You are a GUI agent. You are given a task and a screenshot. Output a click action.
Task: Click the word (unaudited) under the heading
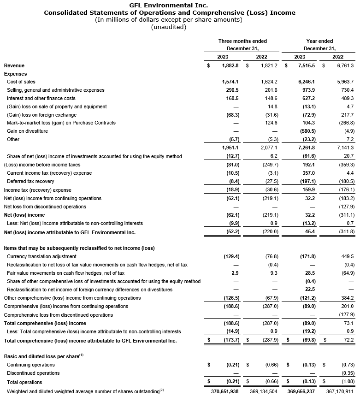coord(169,27)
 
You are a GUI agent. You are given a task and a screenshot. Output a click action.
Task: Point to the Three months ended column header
coord(242,41)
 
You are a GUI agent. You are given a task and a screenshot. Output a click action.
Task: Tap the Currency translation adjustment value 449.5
coord(335,256)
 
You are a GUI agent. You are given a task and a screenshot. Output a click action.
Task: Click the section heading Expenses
coord(15,74)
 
